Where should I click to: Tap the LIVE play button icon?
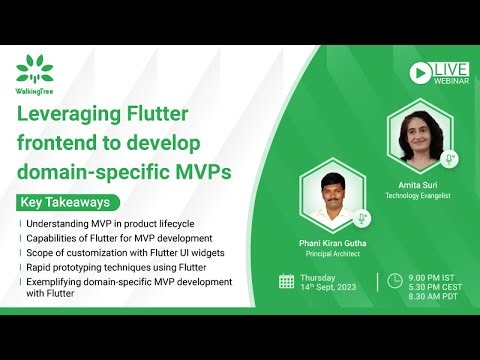(x=421, y=71)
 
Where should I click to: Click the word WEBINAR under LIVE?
(x=449, y=79)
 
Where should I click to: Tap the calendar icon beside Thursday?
(x=287, y=281)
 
